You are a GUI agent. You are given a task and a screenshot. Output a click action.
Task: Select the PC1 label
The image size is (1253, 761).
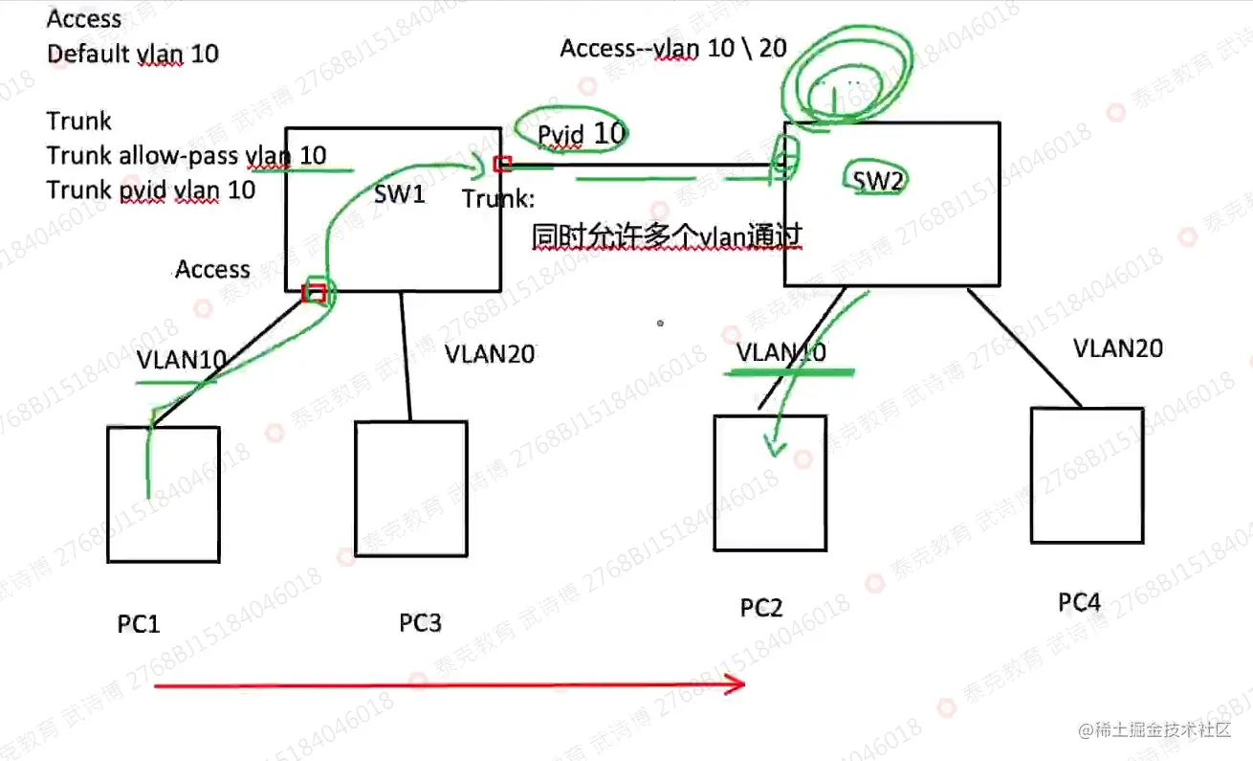139,624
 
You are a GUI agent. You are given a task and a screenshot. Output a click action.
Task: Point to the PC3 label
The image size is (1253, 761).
420,622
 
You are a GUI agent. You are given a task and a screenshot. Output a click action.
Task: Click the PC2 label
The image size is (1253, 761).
761,607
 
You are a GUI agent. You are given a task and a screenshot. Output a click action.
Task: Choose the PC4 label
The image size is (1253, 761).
1079,602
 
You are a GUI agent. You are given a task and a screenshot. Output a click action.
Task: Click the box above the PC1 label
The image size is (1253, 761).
164,494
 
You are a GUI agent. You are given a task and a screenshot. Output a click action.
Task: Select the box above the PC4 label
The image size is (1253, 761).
1087,475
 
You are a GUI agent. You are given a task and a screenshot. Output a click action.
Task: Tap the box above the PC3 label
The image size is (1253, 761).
411,488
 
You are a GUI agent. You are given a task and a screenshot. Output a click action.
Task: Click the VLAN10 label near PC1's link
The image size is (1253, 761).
182,360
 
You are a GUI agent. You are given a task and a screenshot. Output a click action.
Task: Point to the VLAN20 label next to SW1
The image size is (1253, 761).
490,353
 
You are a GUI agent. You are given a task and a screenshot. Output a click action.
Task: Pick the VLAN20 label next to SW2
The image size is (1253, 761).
1118,347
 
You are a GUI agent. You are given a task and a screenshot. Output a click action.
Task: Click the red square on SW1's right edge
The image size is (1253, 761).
502,164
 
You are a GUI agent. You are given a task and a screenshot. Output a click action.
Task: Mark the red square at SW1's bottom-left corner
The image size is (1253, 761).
314,292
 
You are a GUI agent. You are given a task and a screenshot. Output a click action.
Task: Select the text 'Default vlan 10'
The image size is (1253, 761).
133,53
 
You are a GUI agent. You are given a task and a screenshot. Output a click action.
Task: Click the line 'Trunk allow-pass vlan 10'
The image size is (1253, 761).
187,155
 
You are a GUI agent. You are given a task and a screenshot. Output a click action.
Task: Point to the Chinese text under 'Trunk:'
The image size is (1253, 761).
667,235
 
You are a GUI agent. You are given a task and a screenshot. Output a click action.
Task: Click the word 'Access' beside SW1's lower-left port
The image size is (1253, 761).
212,269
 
